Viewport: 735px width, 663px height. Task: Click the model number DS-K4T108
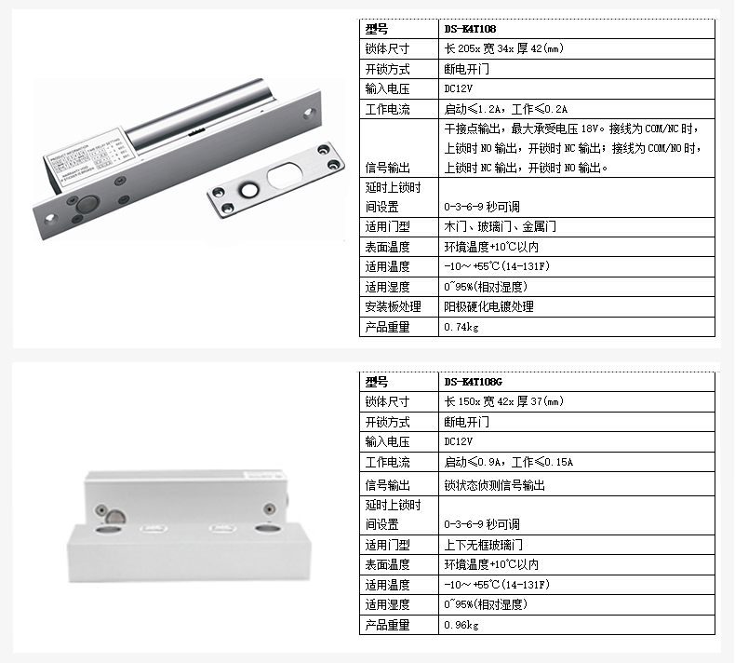coord(470,29)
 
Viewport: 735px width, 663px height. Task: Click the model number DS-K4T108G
coord(473,382)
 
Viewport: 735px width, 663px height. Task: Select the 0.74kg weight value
coord(461,327)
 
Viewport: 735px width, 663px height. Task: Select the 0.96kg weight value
coord(461,625)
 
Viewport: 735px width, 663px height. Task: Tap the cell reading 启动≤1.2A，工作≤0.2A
coord(506,109)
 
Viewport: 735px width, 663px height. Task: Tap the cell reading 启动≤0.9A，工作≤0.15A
coord(509,462)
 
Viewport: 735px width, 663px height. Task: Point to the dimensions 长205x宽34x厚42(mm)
coord(504,48)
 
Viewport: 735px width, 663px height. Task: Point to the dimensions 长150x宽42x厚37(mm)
coord(504,401)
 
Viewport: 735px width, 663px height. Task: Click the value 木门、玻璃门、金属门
coord(501,226)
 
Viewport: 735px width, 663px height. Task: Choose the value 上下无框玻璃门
coord(483,545)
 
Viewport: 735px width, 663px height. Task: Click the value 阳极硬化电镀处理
coord(488,306)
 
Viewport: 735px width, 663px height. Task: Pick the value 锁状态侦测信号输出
coord(495,485)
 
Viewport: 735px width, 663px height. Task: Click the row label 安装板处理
coord(393,306)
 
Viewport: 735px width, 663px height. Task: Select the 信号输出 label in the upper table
coord(387,168)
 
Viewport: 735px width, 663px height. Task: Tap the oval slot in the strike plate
coord(284,175)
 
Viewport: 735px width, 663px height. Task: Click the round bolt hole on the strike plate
coord(249,190)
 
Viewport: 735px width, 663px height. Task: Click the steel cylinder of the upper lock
coord(197,114)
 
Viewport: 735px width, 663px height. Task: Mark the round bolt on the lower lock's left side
coord(115,517)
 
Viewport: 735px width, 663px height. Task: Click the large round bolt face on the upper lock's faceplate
coord(87,205)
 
